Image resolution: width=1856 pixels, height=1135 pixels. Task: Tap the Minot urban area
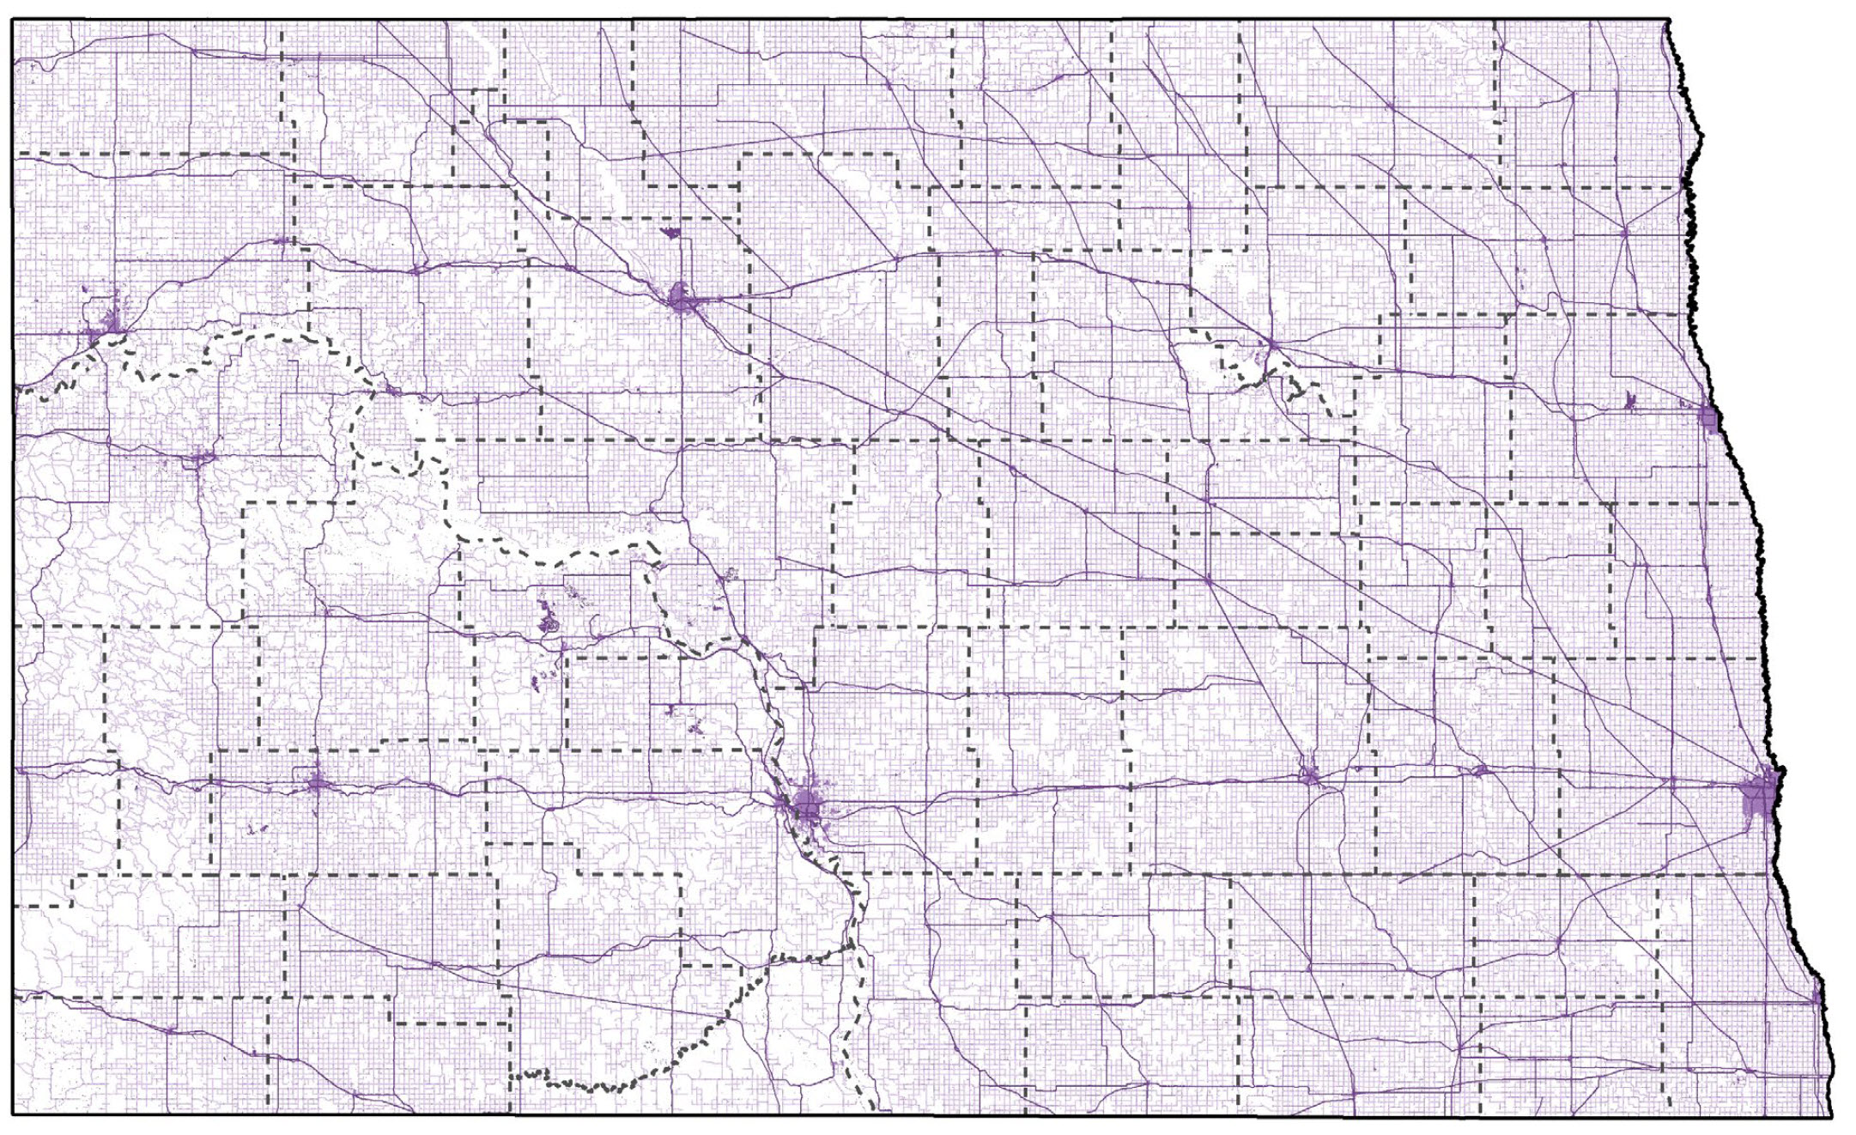pyautogui.click(x=682, y=300)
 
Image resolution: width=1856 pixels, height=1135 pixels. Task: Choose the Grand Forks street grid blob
pyautogui.click(x=1708, y=420)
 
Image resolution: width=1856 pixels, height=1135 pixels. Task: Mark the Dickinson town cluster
pyautogui.click(x=317, y=782)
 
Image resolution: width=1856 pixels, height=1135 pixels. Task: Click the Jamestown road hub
pyautogui.click(x=1308, y=776)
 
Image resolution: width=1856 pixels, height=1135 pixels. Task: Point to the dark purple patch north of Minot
pyautogui.click(x=670, y=232)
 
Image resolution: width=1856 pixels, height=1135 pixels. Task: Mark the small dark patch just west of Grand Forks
pyautogui.click(x=1631, y=400)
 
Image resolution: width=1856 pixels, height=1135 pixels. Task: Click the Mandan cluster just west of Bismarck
pyautogui.click(x=783, y=804)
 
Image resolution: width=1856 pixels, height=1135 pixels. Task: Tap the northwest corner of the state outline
pyautogui.click(x=12, y=20)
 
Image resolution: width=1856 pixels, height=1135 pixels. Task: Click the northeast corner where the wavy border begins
pyautogui.click(x=1668, y=20)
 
